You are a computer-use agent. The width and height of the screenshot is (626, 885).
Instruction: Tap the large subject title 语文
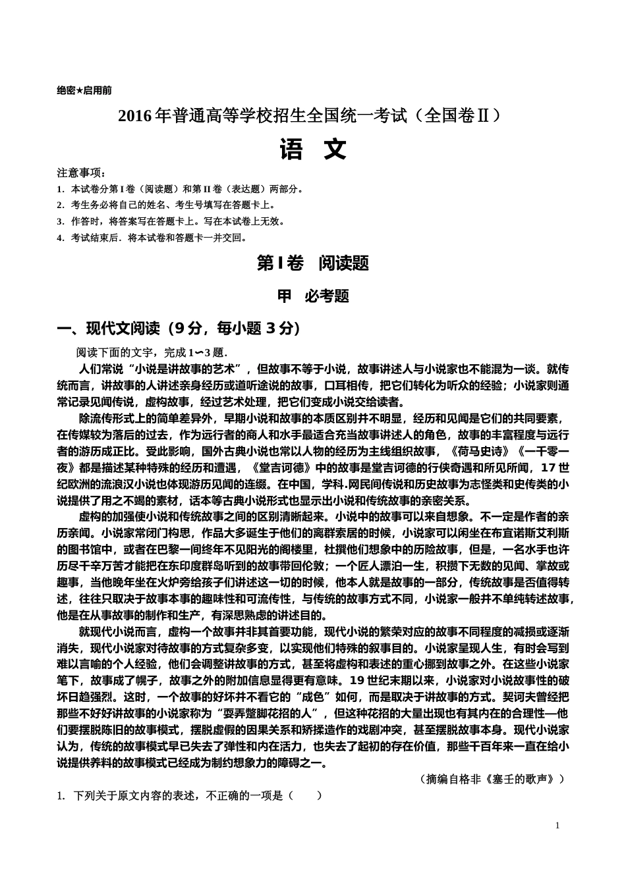coord(313,150)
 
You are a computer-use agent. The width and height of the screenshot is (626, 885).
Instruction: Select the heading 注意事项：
coord(81,173)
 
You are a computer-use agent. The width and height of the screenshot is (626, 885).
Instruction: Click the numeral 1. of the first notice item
coord(61,189)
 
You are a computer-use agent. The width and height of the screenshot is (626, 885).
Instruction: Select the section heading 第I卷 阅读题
coord(313,263)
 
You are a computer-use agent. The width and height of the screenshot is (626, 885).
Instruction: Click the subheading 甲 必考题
coord(313,296)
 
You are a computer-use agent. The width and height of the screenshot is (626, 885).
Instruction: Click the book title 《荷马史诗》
coord(481,451)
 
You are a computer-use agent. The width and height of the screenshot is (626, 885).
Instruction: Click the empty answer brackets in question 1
coord(304,795)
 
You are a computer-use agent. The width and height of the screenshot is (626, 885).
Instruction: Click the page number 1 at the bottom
coord(557,826)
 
